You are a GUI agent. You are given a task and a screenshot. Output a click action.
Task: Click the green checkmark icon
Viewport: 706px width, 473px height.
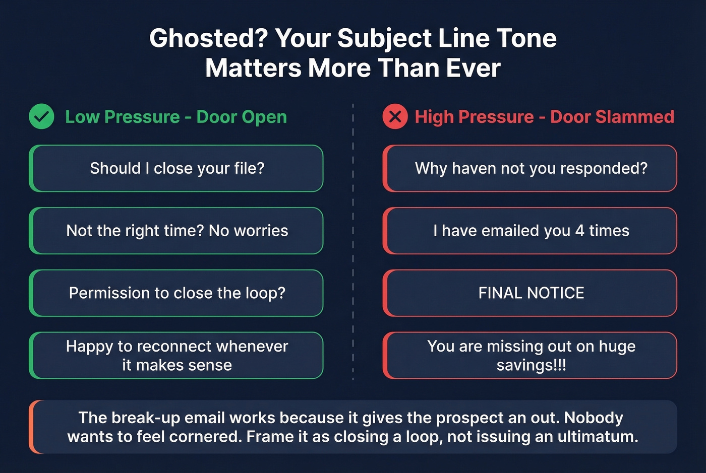tap(41, 116)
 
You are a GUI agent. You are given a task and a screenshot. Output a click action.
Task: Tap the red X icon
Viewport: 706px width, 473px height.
tap(395, 117)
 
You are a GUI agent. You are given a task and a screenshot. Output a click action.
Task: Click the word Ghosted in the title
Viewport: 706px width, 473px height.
tap(208, 38)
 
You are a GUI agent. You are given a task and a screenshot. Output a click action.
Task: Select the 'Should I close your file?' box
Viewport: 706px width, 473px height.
tap(177, 168)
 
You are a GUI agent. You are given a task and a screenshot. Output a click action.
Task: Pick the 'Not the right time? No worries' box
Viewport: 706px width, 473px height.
tap(177, 231)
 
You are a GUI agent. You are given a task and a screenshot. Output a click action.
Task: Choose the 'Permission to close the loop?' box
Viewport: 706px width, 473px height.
tap(177, 293)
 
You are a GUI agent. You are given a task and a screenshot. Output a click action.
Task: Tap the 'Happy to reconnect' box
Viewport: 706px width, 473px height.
tap(177, 355)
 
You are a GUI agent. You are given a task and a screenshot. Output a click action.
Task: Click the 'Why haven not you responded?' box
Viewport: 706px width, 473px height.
tap(531, 168)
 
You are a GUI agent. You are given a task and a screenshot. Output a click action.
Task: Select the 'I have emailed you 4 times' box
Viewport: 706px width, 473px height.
tap(531, 231)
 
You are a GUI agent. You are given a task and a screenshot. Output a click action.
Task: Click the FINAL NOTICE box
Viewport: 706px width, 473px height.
tap(531, 293)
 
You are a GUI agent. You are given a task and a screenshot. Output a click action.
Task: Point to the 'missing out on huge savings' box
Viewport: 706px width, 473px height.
tap(531, 355)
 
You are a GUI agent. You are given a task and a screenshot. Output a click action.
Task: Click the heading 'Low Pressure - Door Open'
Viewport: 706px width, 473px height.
tap(176, 117)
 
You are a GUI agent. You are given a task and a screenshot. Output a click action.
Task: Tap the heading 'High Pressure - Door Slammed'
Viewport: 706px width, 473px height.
tap(544, 117)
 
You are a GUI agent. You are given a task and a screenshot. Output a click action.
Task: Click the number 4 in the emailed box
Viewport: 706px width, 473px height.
tap(579, 231)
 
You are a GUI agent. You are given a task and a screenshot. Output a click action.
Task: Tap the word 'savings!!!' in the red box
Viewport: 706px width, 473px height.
tap(531, 365)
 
